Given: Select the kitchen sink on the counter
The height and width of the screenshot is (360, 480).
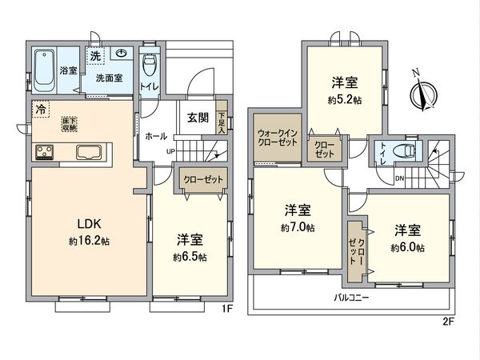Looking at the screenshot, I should [x=90, y=151].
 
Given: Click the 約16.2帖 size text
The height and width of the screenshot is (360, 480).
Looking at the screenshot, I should [x=89, y=240].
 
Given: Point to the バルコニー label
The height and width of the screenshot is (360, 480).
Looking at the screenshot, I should [x=351, y=298].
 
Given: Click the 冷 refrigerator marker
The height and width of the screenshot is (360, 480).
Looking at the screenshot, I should [x=39, y=108].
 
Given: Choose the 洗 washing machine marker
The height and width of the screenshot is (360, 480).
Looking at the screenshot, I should [x=95, y=56].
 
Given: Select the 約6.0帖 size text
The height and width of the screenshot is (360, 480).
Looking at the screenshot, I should [x=408, y=248].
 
